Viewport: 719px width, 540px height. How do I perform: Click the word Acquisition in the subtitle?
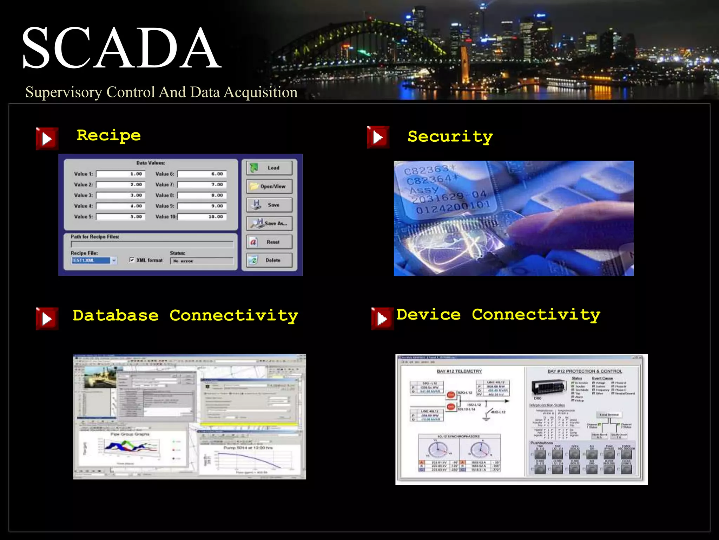coord(260,92)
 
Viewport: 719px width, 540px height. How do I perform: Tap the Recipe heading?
coord(108,135)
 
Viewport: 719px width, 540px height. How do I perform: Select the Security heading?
coord(450,136)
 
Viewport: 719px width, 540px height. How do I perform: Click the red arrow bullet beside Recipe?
coord(47,139)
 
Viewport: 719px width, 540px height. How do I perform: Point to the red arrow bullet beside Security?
coord(378,137)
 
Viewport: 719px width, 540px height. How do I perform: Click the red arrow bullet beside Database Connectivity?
coord(47,319)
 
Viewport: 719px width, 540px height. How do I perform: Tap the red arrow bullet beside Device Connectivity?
coord(382,319)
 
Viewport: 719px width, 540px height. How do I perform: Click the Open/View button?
coord(269,186)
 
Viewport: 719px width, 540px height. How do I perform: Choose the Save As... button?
coord(269,223)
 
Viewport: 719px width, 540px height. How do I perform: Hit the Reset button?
coord(269,242)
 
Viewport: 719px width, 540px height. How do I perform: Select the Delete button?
coord(269,260)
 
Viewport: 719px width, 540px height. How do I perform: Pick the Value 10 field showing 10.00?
coord(202,217)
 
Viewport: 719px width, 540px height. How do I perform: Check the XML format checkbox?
coord(132,260)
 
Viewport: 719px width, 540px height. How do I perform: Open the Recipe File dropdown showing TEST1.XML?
coord(114,261)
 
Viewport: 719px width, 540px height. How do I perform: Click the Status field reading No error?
coord(202,261)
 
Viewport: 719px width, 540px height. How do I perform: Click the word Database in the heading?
coord(116,315)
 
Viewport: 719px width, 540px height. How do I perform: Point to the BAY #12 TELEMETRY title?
coord(459,371)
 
